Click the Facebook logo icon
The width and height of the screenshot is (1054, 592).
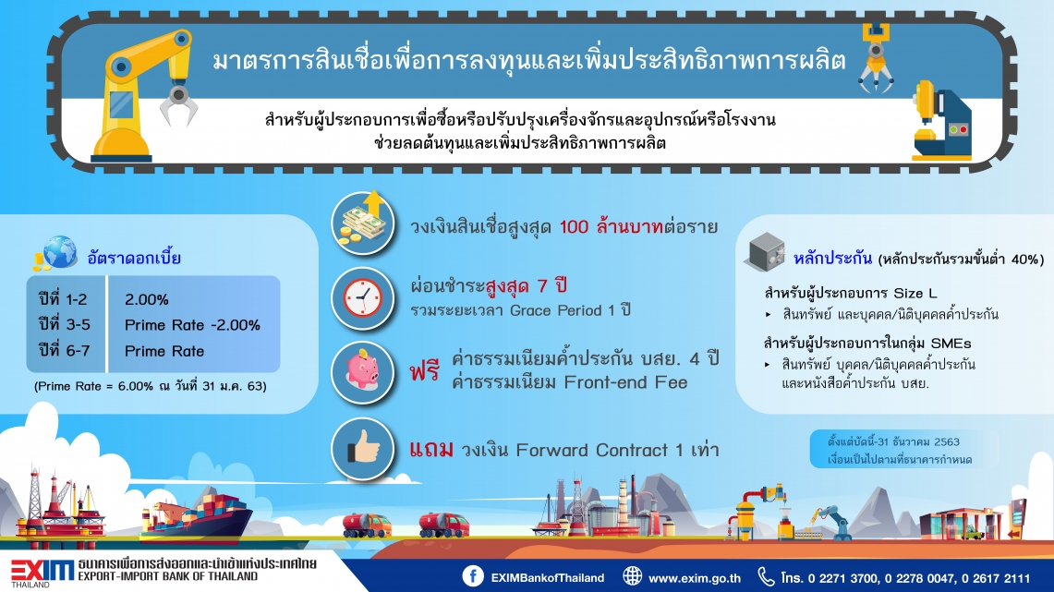473,576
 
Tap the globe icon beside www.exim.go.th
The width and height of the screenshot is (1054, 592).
632,576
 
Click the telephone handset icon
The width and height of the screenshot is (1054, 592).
766,576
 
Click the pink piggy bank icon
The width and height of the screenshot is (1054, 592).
363,371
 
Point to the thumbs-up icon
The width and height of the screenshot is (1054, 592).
363,448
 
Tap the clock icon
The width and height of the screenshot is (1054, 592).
363,297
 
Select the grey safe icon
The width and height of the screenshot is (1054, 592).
764,252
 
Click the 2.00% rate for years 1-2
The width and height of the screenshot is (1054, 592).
147,300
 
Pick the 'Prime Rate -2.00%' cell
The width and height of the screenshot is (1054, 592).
192,325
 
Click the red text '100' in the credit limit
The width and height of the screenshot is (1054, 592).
574,227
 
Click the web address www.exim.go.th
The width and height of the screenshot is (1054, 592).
695,578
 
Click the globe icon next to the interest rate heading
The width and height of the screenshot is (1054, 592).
58,253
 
